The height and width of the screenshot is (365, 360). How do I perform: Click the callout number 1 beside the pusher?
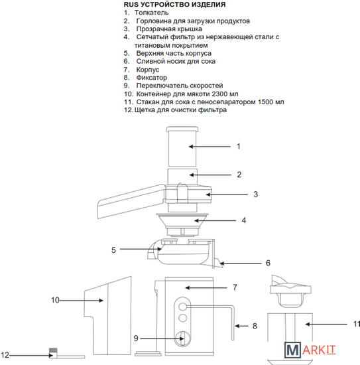(239, 147)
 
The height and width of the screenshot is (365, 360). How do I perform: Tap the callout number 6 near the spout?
(268, 263)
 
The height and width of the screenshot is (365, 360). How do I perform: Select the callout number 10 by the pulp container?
(55, 300)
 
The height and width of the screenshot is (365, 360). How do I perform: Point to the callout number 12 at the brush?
(5, 355)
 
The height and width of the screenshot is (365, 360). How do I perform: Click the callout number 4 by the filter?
(244, 220)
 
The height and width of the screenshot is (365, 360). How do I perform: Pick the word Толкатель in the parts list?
(151, 13)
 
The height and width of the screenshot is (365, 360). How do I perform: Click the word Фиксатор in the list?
(152, 78)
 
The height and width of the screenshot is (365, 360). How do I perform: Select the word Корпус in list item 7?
(148, 70)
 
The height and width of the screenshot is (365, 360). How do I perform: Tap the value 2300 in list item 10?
(219, 94)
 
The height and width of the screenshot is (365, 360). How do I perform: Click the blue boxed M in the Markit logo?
(292, 350)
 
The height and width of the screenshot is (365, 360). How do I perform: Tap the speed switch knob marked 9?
(182, 338)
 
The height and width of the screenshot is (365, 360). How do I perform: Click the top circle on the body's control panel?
(182, 307)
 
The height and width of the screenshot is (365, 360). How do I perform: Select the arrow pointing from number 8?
(241, 326)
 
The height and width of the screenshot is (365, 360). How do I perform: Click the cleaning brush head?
(53, 350)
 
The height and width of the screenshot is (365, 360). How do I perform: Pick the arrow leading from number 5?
(141, 249)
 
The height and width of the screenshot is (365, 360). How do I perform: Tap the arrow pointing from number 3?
(227, 194)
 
